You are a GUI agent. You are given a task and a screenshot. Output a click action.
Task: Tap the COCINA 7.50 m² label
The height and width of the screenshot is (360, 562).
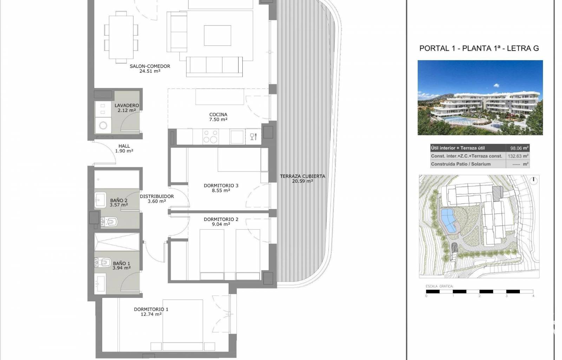pos(218,117)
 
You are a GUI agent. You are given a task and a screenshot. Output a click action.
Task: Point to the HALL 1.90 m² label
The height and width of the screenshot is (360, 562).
pos(124,148)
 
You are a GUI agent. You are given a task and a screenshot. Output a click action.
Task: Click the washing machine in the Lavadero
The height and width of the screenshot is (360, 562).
pos(103,125)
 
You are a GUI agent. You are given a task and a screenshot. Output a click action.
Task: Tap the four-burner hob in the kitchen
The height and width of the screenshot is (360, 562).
pos(210,137)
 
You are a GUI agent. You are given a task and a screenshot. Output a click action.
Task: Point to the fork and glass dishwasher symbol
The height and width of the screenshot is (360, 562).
pos(253,136)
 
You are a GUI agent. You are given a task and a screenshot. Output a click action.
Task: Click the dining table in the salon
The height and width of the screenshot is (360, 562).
pos(121,37)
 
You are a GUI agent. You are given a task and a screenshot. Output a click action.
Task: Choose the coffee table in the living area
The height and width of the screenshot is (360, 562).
pos(217,36)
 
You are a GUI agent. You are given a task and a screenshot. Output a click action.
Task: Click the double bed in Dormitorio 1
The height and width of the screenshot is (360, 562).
pos(183,325)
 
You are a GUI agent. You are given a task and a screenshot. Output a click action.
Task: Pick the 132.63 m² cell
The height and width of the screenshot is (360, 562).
pos(518,156)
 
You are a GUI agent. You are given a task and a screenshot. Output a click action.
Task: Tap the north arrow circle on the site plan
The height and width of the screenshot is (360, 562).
pos(534,181)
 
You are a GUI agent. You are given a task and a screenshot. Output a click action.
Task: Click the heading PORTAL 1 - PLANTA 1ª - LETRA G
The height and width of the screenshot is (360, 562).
pos(479,48)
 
